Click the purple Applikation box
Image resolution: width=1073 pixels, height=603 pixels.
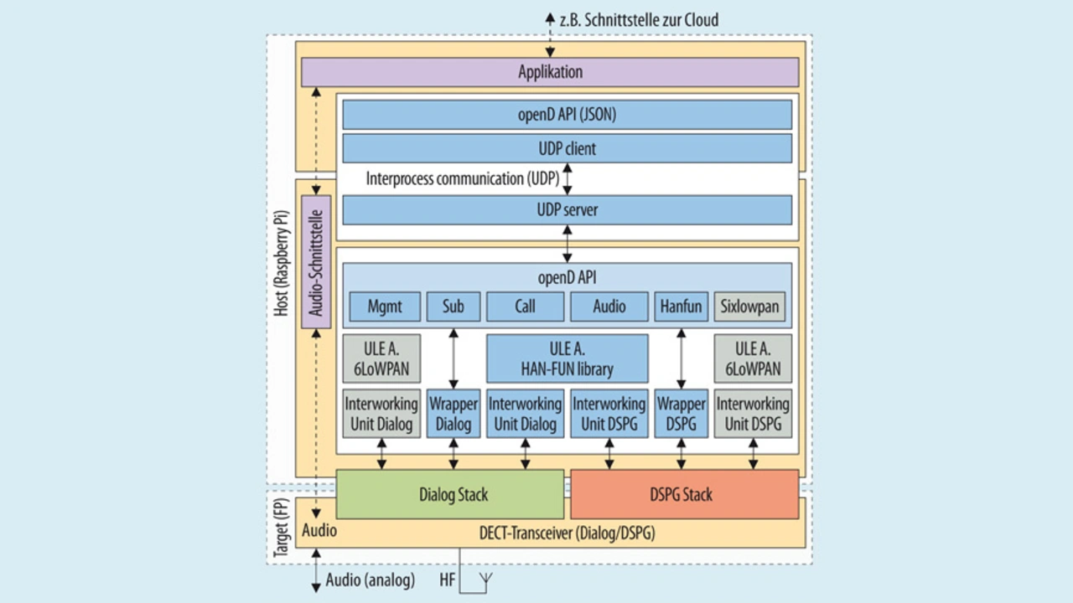coord(550,72)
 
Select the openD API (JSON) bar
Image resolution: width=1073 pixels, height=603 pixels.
coord(567,115)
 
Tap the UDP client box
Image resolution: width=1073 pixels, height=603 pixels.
coord(567,149)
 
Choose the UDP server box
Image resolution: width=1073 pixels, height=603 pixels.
coord(567,209)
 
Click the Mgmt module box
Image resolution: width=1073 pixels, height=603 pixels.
coord(385,307)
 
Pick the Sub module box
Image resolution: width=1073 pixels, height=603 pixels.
coord(454,307)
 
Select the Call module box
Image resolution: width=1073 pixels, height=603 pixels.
coord(526,307)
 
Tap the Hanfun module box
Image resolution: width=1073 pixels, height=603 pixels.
coord(681,307)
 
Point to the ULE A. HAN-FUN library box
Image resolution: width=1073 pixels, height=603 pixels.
coord(568,358)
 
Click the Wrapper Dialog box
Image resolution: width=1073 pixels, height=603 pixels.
coord(454,413)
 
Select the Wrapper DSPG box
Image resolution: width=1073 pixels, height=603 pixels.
coord(681,413)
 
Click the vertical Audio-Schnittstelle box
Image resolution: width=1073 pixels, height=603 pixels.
coord(316,261)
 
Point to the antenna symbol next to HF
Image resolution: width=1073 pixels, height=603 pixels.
coord(484,579)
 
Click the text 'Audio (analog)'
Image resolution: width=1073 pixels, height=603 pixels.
coord(370,580)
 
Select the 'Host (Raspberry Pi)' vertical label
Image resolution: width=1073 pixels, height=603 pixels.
coord(282,262)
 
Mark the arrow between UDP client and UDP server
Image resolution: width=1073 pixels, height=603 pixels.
coord(568,178)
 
